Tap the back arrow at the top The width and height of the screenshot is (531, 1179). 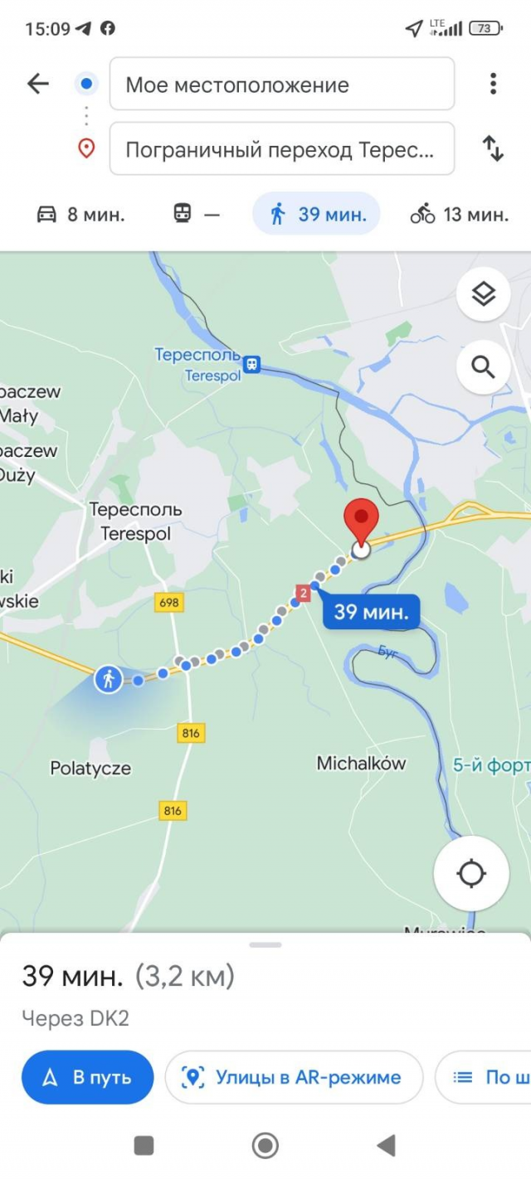click(x=38, y=83)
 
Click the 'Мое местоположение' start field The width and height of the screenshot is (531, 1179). click(x=282, y=84)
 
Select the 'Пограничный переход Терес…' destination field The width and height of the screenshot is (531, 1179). click(x=282, y=149)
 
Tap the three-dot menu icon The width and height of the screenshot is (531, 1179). click(x=493, y=83)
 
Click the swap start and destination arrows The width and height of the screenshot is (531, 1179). click(x=493, y=149)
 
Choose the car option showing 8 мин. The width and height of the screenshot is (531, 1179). click(x=80, y=215)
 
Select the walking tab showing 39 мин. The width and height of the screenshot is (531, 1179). click(x=317, y=215)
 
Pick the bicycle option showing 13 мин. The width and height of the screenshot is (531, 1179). click(x=459, y=215)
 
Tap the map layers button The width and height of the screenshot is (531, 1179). click(x=483, y=294)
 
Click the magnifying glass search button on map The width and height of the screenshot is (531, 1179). click(x=483, y=366)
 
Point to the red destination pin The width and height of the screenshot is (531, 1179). click(x=361, y=522)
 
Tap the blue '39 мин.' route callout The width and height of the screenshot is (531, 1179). click(x=371, y=613)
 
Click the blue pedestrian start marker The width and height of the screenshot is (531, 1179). click(x=108, y=679)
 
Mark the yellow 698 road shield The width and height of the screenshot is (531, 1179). click(x=168, y=603)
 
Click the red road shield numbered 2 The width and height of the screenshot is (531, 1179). click(x=303, y=593)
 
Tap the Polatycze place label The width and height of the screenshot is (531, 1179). click(x=90, y=769)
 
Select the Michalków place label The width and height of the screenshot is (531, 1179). click(x=361, y=763)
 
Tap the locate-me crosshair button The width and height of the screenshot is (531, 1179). click(x=471, y=873)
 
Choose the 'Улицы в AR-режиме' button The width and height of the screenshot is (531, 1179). click(x=294, y=1077)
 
